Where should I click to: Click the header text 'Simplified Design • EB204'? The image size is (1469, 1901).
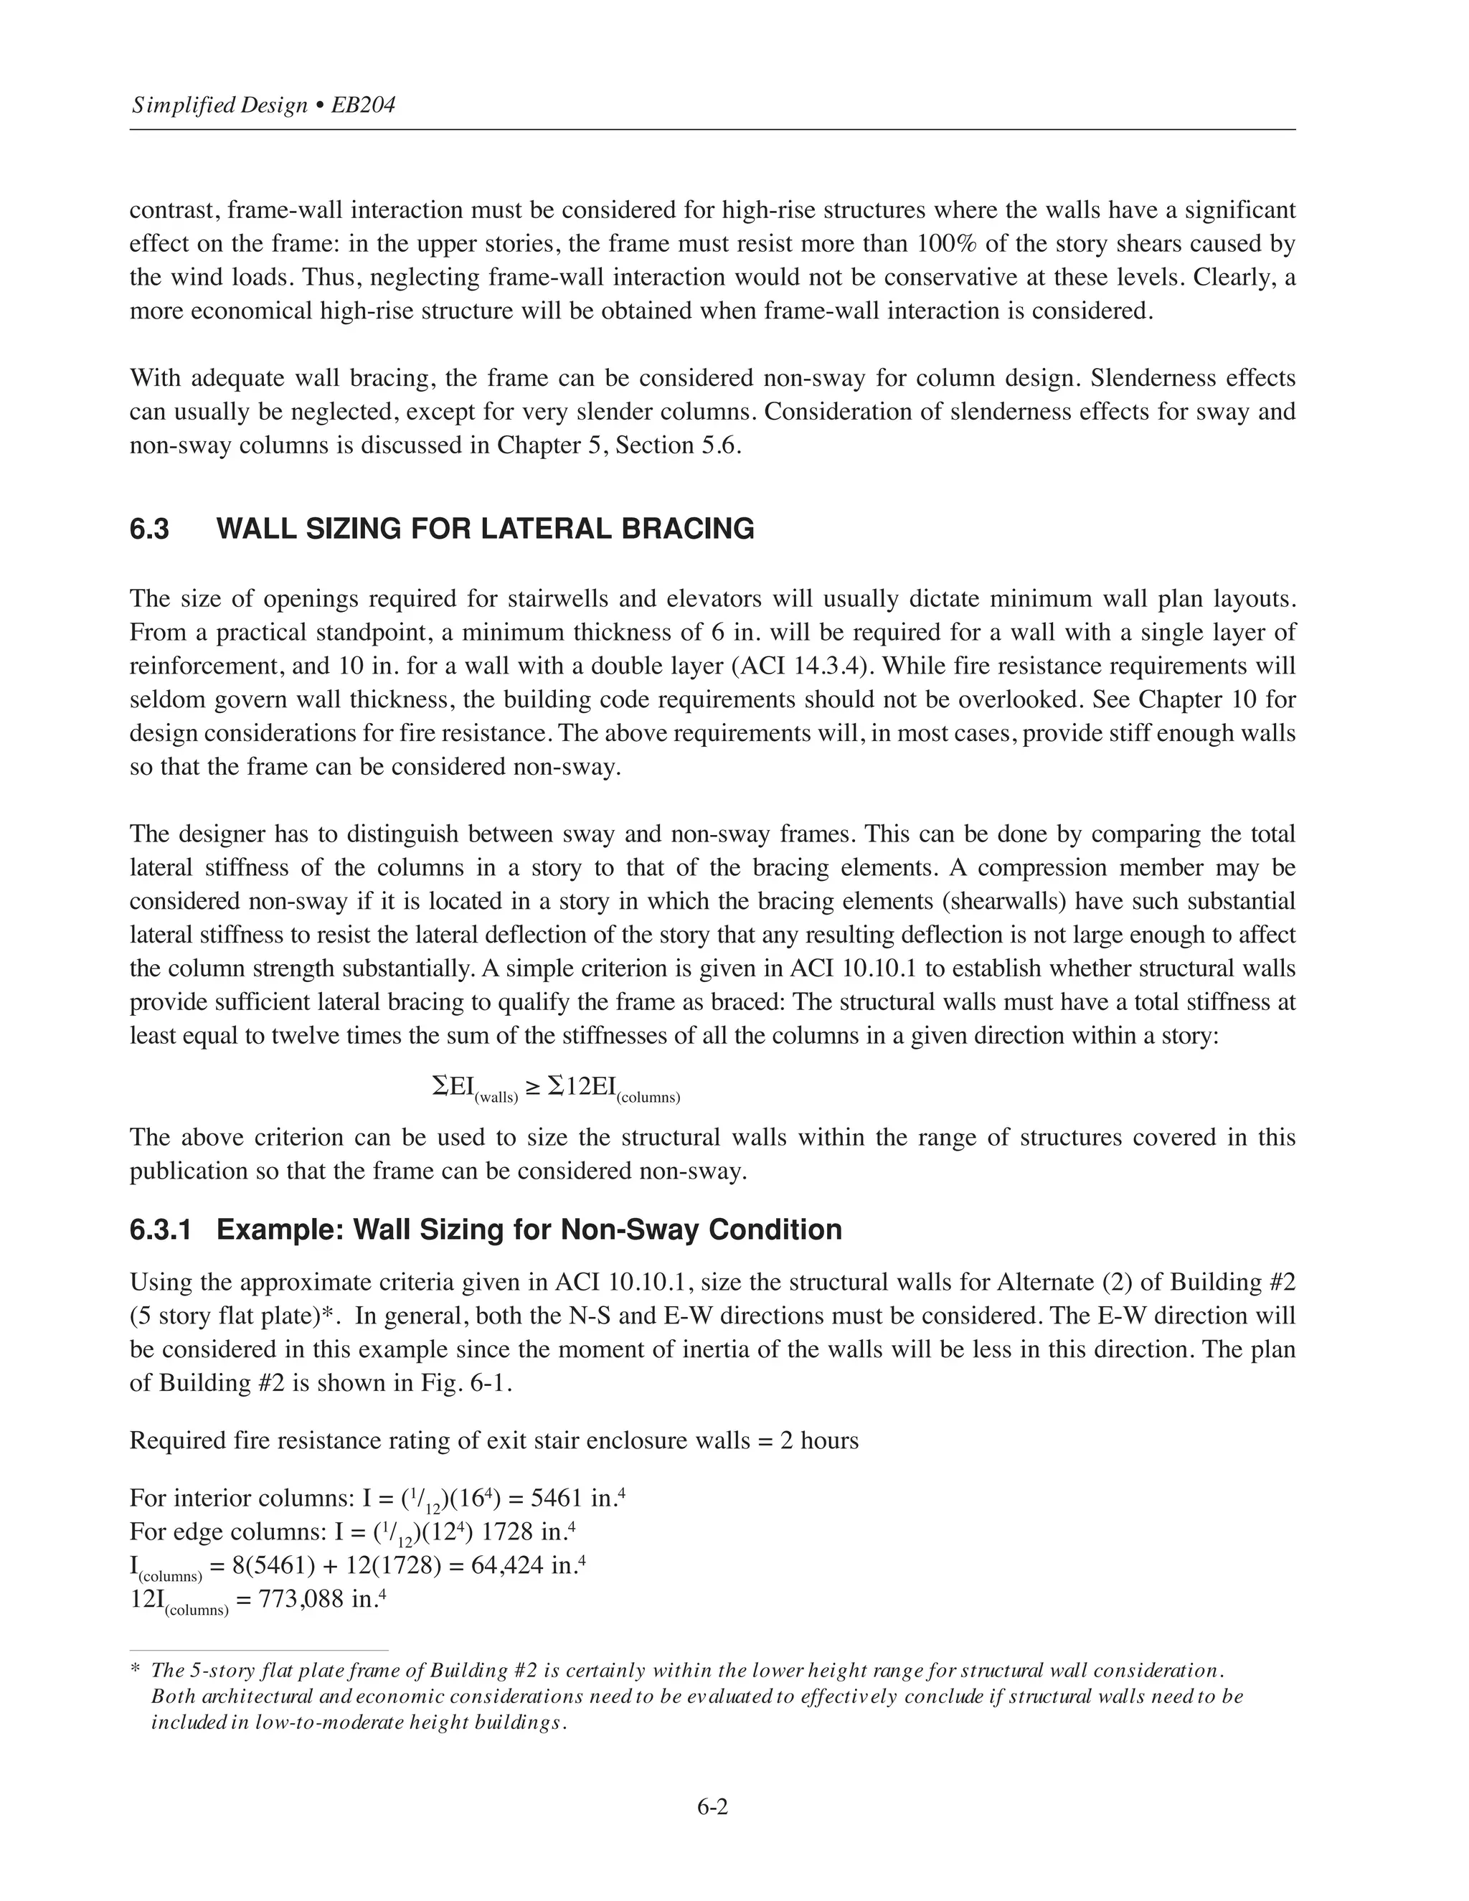point(263,106)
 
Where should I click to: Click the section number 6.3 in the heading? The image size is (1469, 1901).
point(150,529)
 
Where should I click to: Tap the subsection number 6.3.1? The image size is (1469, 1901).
point(161,1230)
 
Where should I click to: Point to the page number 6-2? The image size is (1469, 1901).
point(712,1807)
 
